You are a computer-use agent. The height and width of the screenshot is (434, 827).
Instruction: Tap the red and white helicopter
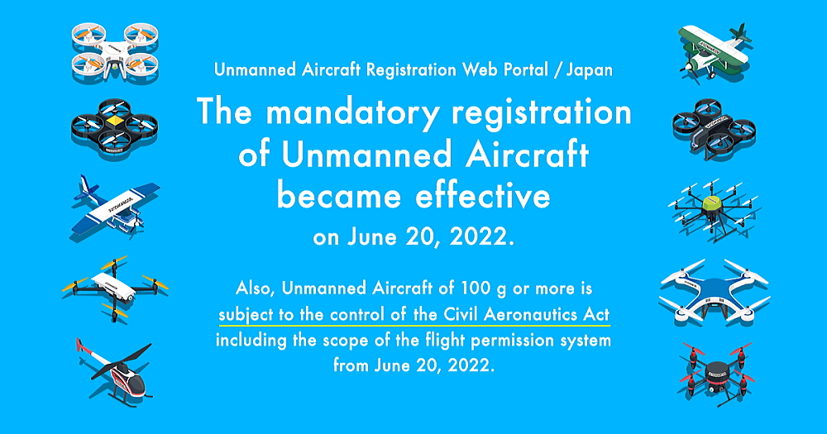(x=116, y=372)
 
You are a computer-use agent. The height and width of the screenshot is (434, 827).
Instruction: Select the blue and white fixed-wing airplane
(x=114, y=207)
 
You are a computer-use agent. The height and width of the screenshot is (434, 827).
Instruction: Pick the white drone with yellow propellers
(x=114, y=288)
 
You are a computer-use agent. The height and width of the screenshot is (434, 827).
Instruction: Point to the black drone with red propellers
(x=715, y=373)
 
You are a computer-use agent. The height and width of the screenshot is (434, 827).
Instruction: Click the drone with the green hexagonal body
(x=713, y=210)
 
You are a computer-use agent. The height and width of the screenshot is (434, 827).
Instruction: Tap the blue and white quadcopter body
(x=715, y=292)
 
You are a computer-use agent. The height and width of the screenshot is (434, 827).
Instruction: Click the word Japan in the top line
(x=589, y=70)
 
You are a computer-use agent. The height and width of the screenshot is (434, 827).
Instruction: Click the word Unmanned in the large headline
(x=366, y=155)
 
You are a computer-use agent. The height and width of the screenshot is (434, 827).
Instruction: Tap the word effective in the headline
(x=482, y=196)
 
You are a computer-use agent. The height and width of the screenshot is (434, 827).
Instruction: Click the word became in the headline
(x=340, y=196)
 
